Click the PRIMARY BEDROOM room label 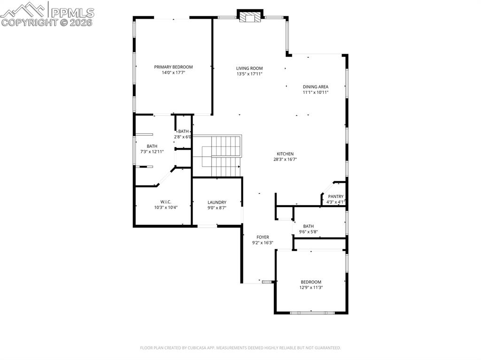[x=173, y=67]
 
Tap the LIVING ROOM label [x=249, y=68]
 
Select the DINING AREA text [x=315, y=87]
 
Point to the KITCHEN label [x=285, y=154]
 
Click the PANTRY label [x=335, y=197]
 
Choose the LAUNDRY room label [x=217, y=202]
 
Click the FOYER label [x=263, y=237]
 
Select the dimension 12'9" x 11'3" [x=311, y=288]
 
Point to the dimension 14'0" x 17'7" [x=173, y=73]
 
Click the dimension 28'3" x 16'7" [x=285, y=160]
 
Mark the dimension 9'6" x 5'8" [x=309, y=231]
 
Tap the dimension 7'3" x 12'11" [x=152, y=152]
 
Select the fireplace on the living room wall [x=248, y=16]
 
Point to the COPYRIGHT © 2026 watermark [x=47, y=22]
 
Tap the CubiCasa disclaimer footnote [x=240, y=348]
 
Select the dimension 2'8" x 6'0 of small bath [x=183, y=137]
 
